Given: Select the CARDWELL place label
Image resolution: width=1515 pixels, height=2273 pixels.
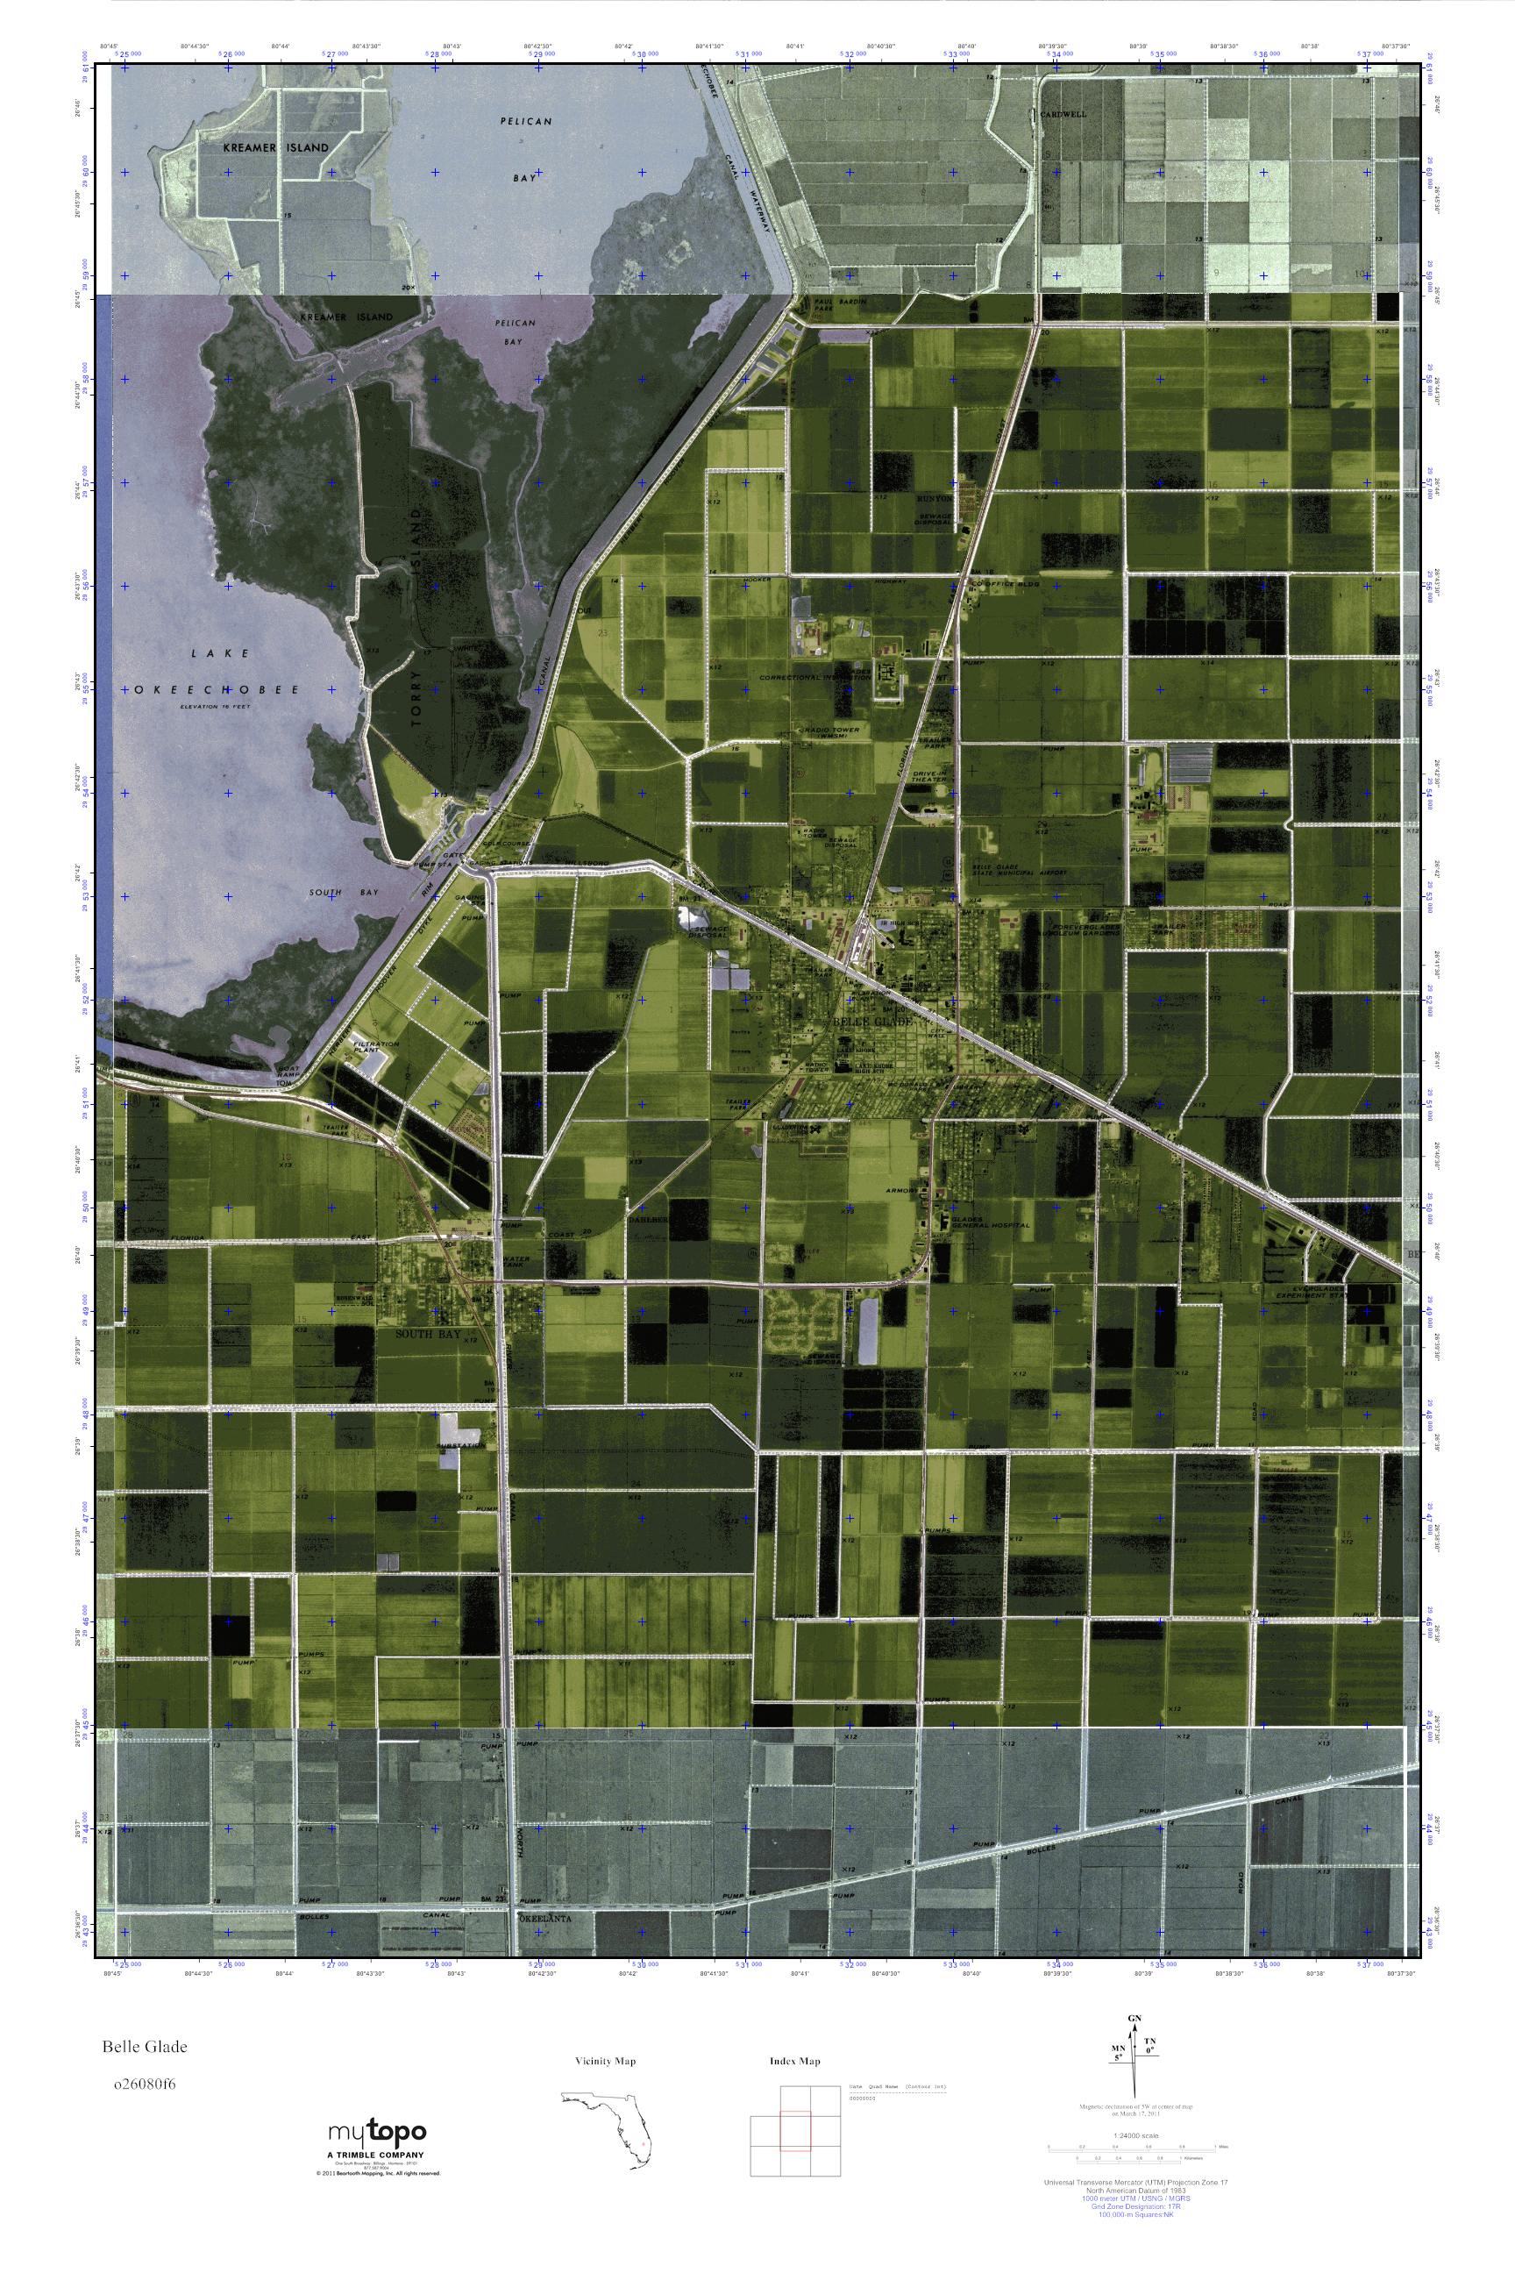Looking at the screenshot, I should [1063, 114].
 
